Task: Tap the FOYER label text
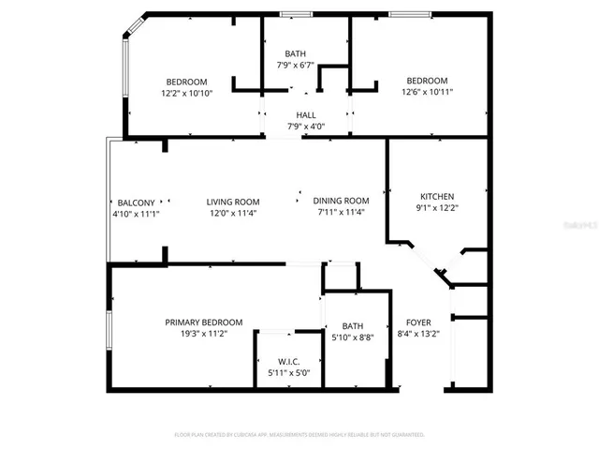418,322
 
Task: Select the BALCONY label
136,202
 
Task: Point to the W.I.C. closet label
288,362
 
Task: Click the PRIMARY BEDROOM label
203,322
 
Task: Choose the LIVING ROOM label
233,202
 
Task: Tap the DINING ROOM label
343,201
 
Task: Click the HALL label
306,115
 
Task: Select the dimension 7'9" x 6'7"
299,66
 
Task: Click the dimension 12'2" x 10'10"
186,93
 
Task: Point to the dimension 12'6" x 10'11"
427,92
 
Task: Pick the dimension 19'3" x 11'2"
203,333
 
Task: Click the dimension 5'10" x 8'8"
353,337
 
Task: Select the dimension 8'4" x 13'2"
418,333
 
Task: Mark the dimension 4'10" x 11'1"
136,214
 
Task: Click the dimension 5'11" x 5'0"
288,373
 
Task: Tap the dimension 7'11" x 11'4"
343,213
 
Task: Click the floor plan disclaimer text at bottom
299,435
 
